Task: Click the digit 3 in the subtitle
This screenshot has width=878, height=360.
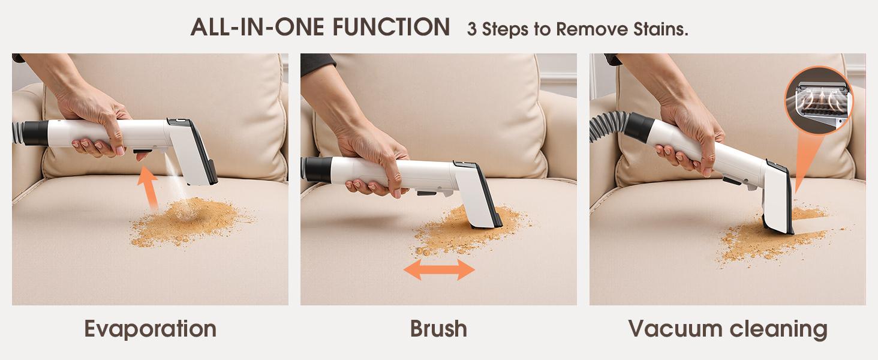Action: click(x=472, y=29)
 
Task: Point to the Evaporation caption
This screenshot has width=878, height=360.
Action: click(x=150, y=329)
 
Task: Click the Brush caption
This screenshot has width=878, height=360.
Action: click(x=438, y=329)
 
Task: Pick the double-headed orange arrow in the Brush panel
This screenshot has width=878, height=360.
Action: click(x=439, y=269)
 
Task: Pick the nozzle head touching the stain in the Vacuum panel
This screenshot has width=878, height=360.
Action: click(x=780, y=198)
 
